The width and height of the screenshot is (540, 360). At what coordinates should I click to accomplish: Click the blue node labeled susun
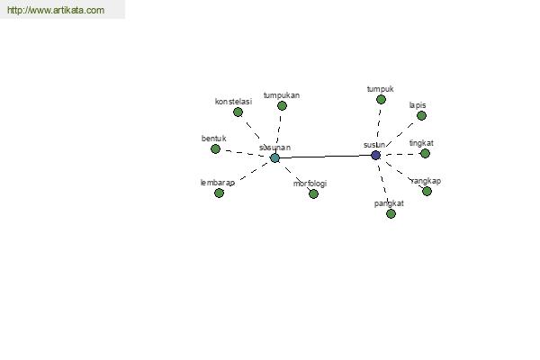pos(375,155)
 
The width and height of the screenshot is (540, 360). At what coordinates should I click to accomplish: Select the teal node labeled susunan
pos(274,158)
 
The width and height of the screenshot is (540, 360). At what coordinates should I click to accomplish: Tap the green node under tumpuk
pos(381,100)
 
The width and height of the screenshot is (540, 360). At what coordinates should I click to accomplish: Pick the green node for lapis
pos(421,116)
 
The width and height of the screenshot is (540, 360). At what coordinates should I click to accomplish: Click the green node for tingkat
pos(426,154)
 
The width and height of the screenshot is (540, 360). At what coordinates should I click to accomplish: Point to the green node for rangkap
pos(427,191)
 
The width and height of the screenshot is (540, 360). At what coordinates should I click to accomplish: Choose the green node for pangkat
pos(391,214)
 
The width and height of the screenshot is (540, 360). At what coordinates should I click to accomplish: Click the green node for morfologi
pos(313,194)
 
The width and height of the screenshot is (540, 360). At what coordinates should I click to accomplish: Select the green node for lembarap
pos(219,193)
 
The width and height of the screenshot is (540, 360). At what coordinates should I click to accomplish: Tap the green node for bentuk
pos(216,148)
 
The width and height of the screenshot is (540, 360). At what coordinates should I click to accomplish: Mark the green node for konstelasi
pos(238,112)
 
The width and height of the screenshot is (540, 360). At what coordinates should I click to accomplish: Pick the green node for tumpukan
pos(282,106)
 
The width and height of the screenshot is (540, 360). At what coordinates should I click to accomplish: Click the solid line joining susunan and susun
pos(325,157)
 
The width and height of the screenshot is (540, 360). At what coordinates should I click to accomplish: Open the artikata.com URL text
pos(56,10)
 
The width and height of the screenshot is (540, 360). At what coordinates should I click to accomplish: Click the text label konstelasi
pos(233,102)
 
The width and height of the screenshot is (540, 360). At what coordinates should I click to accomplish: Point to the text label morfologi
pos(310,184)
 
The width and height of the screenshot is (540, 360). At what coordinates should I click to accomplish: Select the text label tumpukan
pos(282,95)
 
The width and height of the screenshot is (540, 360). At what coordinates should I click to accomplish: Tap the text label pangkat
pos(389,203)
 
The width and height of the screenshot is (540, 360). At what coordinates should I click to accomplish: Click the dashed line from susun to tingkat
pos(401,155)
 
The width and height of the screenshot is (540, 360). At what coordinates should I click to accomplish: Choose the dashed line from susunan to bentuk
pos(245,153)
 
